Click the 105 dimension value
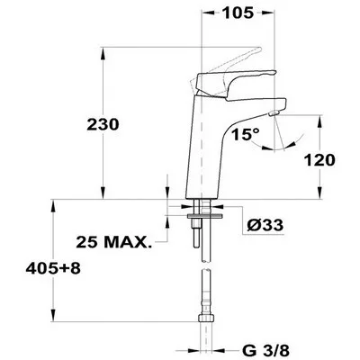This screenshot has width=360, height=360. point(238,13)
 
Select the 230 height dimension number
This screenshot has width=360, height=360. point(103,124)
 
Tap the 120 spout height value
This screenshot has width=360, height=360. point(319,160)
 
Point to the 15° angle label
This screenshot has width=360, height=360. point(245,134)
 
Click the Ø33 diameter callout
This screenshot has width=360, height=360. point(265,225)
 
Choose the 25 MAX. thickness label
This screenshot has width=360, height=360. point(113,242)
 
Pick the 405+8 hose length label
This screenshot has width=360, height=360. point(53,268)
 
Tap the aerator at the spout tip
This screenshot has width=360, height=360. point(274,113)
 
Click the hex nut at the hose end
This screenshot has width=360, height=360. point(206,318)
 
